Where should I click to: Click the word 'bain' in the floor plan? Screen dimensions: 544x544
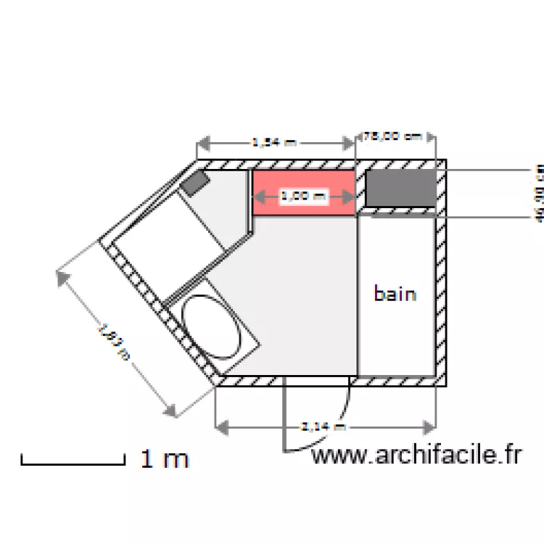(x=395, y=294)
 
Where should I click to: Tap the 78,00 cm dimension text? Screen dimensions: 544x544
(x=392, y=136)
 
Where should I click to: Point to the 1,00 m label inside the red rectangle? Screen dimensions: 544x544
(x=303, y=196)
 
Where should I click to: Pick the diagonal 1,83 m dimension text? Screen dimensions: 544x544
(x=115, y=342)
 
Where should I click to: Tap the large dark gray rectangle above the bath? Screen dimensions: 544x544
(x=401, y=188)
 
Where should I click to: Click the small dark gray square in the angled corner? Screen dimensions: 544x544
(x=195, y=183)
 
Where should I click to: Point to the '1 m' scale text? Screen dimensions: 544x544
(x=165, y=459)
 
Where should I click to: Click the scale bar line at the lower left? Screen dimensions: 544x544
(x=73, y=462)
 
